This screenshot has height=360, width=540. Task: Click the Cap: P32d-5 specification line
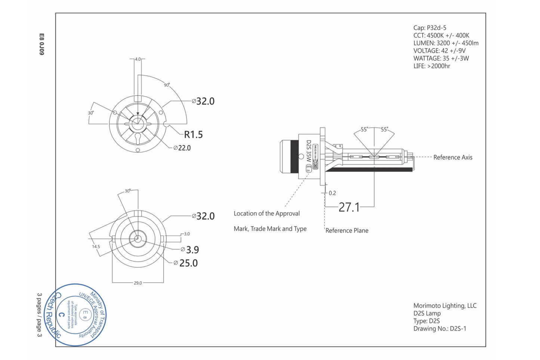430,28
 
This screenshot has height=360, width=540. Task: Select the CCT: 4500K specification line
441,35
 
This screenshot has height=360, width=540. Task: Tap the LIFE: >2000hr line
432,66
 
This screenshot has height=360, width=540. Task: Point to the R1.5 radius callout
193,134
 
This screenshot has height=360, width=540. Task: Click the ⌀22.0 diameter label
182,148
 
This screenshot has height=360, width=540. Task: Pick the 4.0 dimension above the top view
138,59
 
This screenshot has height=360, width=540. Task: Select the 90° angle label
167,85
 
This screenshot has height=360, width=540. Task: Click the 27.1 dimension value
349,207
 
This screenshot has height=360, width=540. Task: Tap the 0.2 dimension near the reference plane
332,193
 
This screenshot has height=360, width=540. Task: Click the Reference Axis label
453,158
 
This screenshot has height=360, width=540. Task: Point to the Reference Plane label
347,231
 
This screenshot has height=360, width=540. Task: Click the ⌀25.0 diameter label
186,263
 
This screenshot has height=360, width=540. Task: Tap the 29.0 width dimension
138,283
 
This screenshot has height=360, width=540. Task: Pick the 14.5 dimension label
96,246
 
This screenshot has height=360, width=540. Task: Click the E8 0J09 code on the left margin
41,44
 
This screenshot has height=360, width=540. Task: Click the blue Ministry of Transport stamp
75,315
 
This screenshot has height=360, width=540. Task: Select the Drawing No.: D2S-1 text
439,329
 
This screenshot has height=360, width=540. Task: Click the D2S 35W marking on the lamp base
309,151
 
